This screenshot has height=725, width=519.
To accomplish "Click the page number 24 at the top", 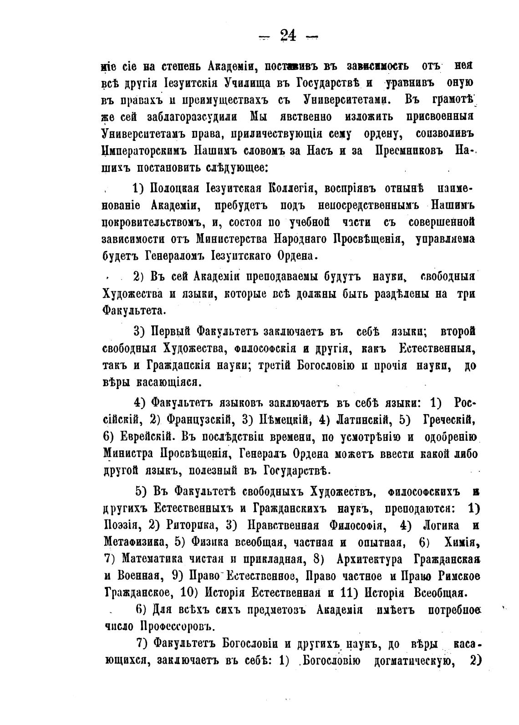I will tap(288, 35).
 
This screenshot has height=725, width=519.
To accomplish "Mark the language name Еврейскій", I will tap(145, 437).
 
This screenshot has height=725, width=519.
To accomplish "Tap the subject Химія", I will tap(459, 542).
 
